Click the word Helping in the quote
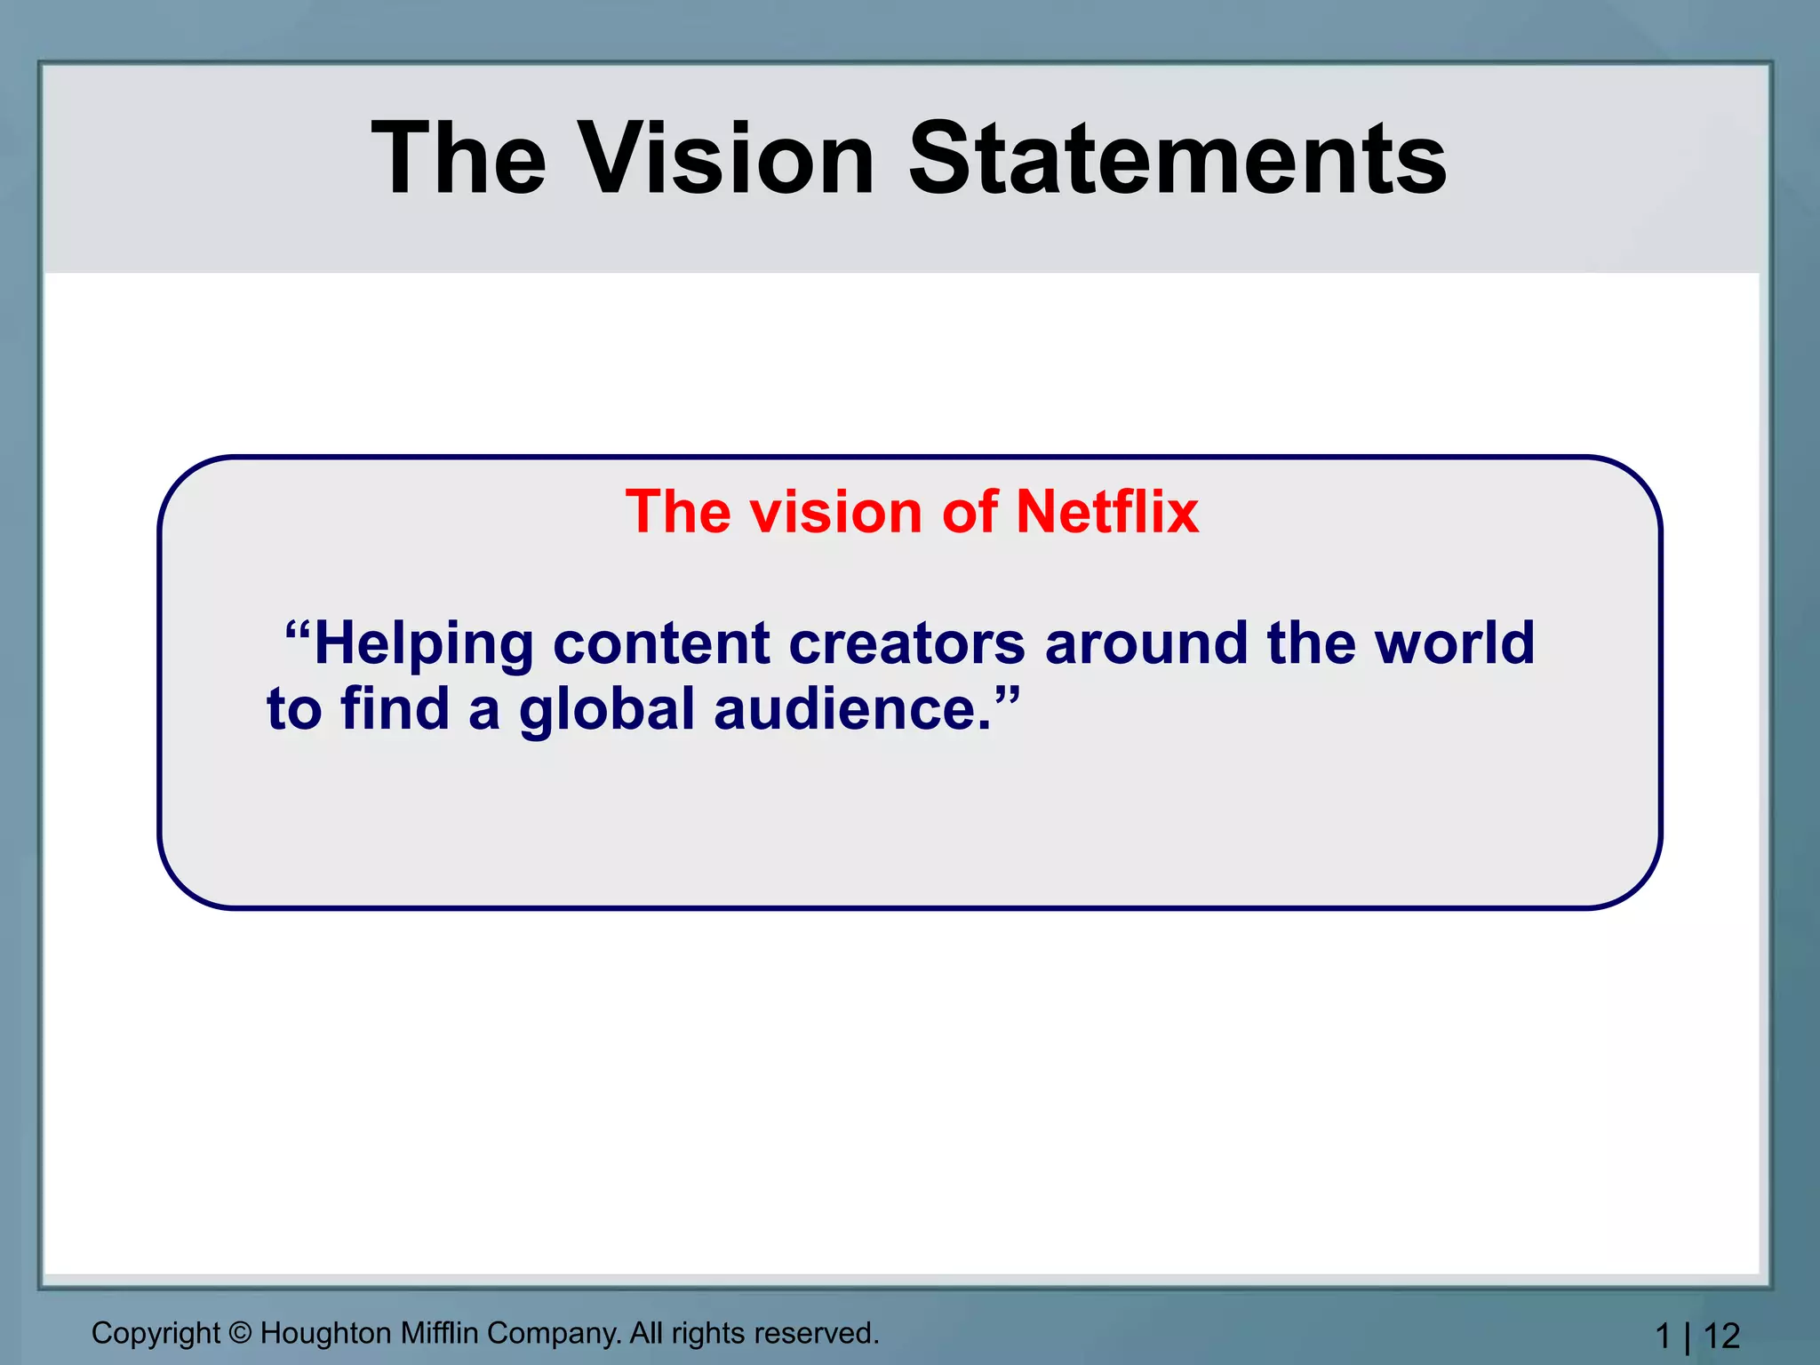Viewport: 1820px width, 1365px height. coord(424,643)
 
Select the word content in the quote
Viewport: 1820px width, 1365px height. coord(661,643)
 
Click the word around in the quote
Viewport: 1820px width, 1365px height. coord(1145,643)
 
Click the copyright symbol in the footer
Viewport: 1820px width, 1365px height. coord(240,1333)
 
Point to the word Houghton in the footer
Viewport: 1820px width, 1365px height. coord(325,1333)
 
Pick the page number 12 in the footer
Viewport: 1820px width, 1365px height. coord(1721,1336)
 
